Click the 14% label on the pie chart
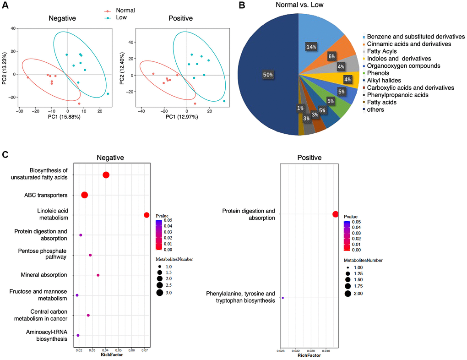311,46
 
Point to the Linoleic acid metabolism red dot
147,215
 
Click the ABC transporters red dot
84,195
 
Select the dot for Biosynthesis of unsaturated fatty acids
106,175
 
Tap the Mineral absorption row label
44,275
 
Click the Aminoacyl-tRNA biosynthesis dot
78,335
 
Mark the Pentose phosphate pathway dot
90,255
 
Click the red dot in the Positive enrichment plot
336,214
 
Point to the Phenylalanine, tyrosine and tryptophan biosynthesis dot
282,298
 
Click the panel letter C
5,154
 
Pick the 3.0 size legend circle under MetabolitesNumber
160,293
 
